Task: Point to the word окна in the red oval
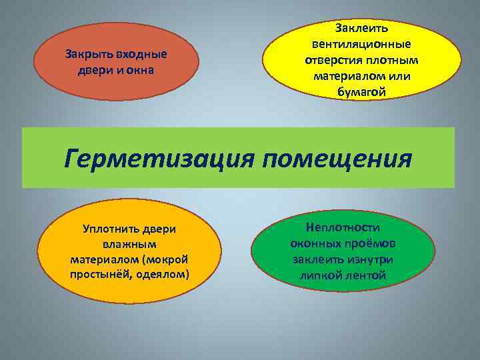tap(139, 70)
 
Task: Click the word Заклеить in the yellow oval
tap(361, 28)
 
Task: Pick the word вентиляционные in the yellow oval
tap(361, 44)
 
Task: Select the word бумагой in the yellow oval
tap(361, 92)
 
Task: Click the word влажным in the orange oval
tap(129, 244)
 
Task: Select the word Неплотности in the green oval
tap(343, 228)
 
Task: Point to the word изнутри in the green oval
tap(369, 259)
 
